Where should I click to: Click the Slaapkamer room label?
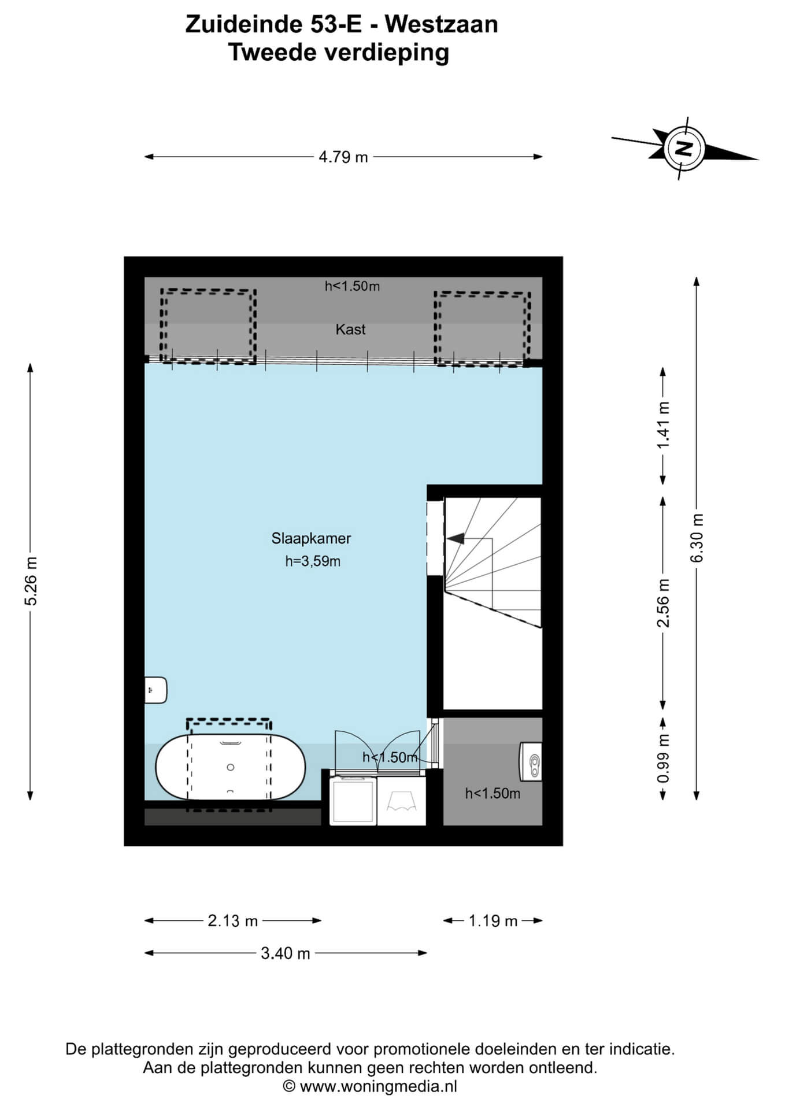[311, 538]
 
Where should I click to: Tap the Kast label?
[350, 329]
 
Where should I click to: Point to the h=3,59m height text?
[312, 561]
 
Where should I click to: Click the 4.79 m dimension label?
[343, 157]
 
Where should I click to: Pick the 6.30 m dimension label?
[697, 538]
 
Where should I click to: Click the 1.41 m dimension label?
[664, 425]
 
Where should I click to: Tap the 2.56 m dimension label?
[664, 603]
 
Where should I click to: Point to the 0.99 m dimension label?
[664, 758]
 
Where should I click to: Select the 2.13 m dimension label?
[232, 921]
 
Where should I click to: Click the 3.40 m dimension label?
[286, 953]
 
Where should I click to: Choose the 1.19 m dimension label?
[493, 921]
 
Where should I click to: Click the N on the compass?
[684, 149]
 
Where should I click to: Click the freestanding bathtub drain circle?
[231, 767]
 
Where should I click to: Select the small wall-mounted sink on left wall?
[155, 690]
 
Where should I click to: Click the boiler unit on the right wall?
[531, 761]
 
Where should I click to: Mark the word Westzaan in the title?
[441, 25]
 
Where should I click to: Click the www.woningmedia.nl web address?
[379, 1086]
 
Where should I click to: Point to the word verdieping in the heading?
[387, 53]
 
